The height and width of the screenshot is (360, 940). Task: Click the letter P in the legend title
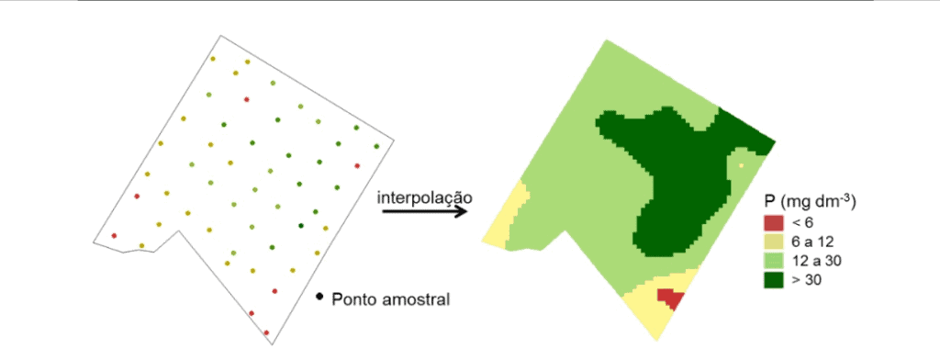pos(770,201)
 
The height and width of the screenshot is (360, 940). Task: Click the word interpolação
pos(425,197)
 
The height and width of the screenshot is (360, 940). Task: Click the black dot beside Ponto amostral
pos(319,297)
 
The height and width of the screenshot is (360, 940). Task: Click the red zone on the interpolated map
pos(670,299)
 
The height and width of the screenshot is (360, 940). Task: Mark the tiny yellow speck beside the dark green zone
pos(740,166)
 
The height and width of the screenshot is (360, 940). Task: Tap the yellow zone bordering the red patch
pos(643,309)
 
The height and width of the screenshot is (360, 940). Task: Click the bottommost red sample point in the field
pos(266,332)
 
